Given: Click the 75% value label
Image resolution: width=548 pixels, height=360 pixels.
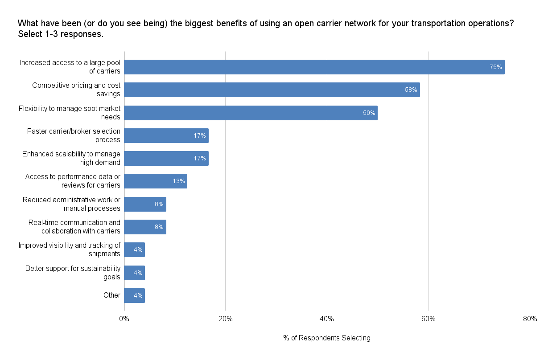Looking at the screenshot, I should pyautogui.click(x=496, y=67).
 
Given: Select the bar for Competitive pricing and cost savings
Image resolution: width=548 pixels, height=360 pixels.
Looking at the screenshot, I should pyautogui.click(x=272, y=90).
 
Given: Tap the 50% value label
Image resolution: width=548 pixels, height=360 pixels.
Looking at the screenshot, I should pyautogui.click(x=369, y=113).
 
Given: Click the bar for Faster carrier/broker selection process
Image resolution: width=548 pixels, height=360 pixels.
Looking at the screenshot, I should pyautogui.click(x=166, y=135).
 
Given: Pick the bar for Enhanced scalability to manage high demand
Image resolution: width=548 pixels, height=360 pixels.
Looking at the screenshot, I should pyautogui.click(x=166, y=158).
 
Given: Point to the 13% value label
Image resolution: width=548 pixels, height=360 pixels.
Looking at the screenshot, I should pyautogui.click(x=179, y=181).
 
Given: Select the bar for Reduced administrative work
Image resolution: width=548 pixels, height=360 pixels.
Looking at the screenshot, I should pyautogui.click(x=145, y=204).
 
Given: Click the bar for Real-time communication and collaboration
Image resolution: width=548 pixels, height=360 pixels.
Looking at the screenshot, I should pyautogui.click(x=145, y=227).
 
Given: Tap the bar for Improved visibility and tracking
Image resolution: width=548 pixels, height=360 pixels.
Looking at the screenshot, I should pyautogui.click(x=134, y=250).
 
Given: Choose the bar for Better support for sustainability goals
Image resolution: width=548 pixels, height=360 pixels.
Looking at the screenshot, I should pyautogui.click(x=134, y=273).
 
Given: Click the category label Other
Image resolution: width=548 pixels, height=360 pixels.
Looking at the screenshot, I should pyautogui.click(x=112, y=295).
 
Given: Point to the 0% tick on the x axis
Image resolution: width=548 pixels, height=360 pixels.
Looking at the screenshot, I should pyautogui.click(x=124, y=319).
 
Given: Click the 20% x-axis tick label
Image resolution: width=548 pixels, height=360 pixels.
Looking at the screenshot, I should pyautogui.click(x=226, y=319).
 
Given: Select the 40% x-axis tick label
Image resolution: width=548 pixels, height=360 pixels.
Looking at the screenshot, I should pyautogui.click(x=327, y=319).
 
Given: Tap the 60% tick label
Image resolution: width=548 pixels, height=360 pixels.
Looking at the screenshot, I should pyautogui.click(x=428, y=319).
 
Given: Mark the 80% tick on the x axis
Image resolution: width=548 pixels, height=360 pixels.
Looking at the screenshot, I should pyautogui.click(x=530, y=319).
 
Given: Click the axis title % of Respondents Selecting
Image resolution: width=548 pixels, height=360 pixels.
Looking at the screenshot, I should pyautogui.click(x=327, y=338).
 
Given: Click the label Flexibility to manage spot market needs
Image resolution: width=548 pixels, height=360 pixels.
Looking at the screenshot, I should pyautogui.click(x=70, y=113).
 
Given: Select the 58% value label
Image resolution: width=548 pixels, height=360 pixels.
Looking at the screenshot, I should pyautogui.click(x=411, y=90).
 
